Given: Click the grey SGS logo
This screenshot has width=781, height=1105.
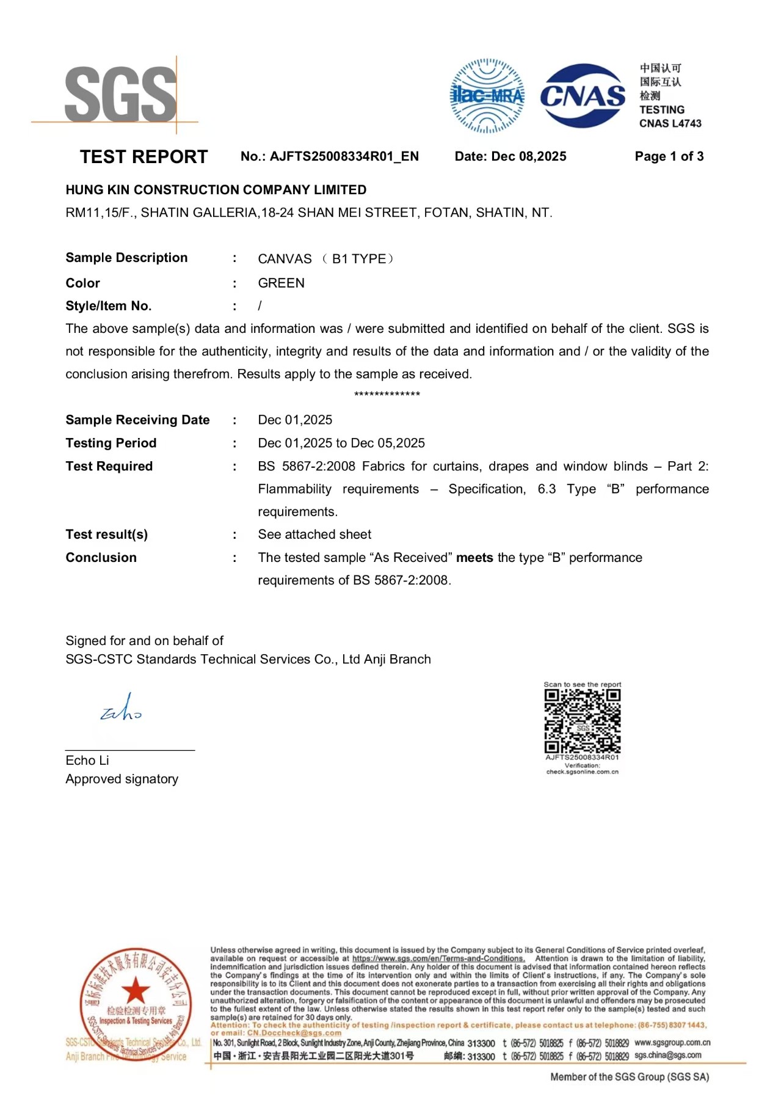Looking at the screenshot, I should pos(120,95).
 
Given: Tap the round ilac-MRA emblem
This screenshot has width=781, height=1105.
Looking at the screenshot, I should pos(487,96).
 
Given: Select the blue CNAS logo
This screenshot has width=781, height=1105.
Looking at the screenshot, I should pos(583,96).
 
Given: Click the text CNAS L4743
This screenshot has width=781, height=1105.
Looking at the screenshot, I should pos(670,123).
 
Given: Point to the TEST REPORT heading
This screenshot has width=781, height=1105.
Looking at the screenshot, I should pos(143,157).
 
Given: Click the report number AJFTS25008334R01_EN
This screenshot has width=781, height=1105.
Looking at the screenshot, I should pos(344,156).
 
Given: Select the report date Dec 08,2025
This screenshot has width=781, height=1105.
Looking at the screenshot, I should pos(528,156).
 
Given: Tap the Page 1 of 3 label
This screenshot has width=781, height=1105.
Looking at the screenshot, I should pos(669,156).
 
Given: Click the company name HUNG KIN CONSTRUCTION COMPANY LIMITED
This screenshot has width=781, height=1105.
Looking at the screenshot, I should pos(216,190).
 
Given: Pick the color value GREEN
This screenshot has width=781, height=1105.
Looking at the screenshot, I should pos(281,283).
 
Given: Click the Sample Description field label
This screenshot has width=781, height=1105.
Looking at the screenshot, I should pos(126,258).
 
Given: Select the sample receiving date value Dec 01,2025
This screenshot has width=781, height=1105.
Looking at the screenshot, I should pos(295,420).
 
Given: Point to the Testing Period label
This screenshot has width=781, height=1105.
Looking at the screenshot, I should pos(111,443).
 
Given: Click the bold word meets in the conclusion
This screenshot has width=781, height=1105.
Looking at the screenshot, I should pos(474,558).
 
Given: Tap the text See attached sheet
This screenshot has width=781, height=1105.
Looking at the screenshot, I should pos(314,534).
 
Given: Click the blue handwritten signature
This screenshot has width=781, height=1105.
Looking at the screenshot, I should pos(121,709).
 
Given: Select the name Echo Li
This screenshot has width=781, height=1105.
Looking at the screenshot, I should pos(87,760).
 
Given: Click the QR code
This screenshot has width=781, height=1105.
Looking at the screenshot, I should pos(583,721).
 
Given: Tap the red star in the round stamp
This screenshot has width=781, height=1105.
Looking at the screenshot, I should pos(135,989).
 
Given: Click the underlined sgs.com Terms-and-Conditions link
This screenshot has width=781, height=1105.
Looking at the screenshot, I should pos(438,958).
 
